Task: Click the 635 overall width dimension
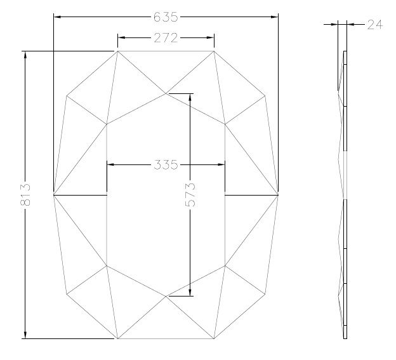click(166, 17)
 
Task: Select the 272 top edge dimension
click(166, 38)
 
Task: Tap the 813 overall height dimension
click(25, 194)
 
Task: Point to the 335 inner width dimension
click(166, 164)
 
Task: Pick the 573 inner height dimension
click(190, 195)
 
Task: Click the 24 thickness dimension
click(375, 25)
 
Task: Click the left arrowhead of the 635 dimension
click(58, 17)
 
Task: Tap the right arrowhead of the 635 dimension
click(274, 17)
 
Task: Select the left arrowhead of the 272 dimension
click(121, 37)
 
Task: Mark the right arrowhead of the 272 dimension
click(210, 37)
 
